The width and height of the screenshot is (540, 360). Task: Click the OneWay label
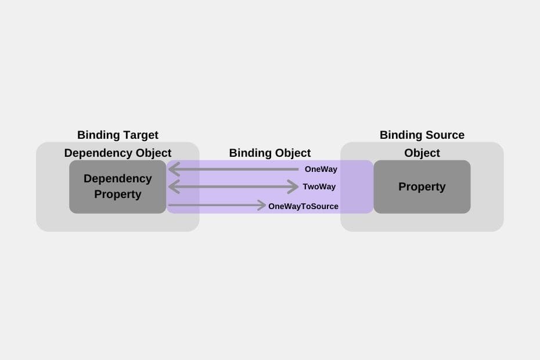click(321, 170)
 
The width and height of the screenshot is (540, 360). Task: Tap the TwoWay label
click(319, 187)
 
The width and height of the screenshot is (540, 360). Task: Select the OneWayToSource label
click(303, 206)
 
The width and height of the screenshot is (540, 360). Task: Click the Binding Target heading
click(118, 135)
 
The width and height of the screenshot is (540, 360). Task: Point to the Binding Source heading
click(422, 135)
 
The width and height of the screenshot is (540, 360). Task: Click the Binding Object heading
click(270, 153)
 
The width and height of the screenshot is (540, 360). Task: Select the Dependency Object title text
click(118, 153)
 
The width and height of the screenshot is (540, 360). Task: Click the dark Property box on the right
click(422, 187)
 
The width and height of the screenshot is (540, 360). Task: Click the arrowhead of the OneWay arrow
click(172, 170)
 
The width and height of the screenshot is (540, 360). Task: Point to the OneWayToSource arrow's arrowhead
click(262, 205)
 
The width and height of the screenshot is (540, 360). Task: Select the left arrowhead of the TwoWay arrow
click(172, 187)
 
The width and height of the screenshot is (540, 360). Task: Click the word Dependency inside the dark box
click(118, 179)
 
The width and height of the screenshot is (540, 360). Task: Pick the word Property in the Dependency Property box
click(118, 194)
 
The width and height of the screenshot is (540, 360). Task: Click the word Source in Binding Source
click(444, 135)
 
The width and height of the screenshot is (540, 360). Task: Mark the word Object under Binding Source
click(422, 153)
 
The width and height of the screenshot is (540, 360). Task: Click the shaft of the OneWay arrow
click(238, 170)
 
